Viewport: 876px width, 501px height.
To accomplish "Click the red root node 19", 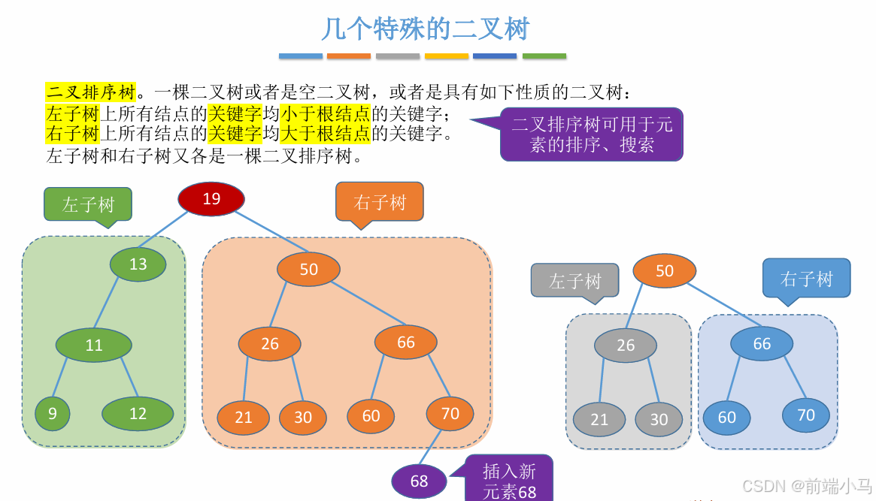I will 211,199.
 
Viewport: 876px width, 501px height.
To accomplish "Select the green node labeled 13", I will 138,264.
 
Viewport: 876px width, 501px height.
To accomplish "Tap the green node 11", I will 94,346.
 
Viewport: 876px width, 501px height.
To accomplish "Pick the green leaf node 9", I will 52,413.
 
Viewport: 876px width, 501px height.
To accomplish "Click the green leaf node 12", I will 138,413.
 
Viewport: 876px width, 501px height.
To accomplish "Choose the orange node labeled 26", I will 270,344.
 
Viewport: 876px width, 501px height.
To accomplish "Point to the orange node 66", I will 406,343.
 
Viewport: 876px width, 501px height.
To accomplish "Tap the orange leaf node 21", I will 244,418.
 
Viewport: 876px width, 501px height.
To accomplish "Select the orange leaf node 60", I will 371,416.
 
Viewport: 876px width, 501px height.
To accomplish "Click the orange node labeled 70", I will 450,414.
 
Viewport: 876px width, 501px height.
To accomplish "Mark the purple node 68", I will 419,481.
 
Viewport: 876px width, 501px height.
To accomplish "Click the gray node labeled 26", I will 626,346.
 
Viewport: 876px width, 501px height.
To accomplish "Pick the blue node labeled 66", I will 762,343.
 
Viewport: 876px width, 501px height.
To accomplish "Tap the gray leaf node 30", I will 659,420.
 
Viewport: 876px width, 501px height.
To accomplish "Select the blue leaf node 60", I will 727,418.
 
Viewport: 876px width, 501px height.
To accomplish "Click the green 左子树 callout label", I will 88,204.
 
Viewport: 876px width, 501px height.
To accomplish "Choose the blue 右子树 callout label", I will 807,279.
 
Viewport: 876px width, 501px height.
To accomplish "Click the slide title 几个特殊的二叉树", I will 426,29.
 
